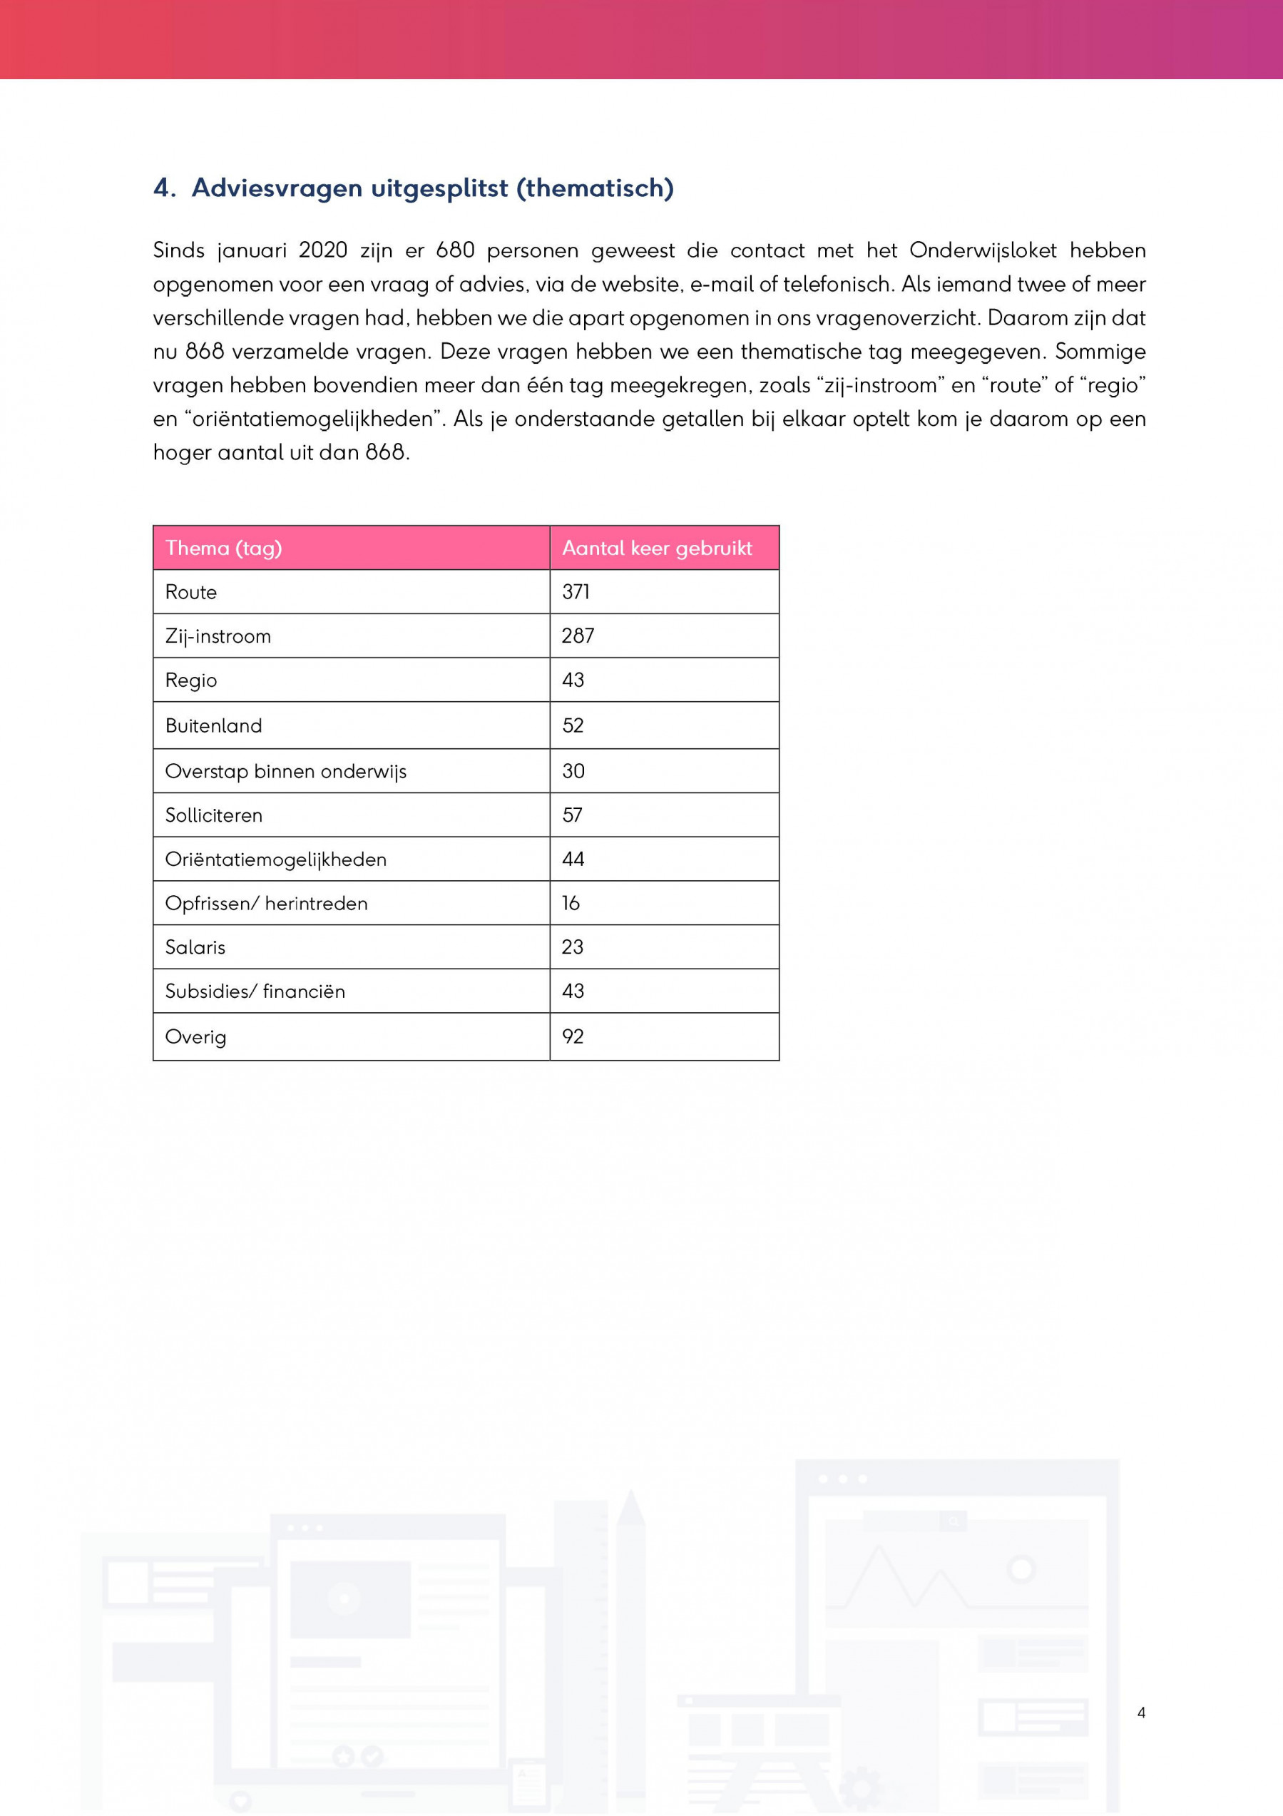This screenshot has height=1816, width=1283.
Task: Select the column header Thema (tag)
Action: click(x=223, y=548)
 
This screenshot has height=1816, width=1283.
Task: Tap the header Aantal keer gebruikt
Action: click(x=657, y=548)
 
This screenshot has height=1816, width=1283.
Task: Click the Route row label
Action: click(x=190, y=593)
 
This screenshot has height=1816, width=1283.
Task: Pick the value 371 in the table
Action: click(x=575, y=593)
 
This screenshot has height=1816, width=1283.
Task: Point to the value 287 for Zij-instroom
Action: click(x=578, y=636)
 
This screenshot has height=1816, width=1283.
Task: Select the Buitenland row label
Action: click(x=213, y=726)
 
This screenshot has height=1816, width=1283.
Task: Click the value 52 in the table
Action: click(x=573, y=726)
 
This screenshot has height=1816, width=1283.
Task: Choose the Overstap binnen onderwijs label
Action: click(x=285, y=772)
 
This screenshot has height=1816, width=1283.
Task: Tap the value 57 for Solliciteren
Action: click(x=572, y=815)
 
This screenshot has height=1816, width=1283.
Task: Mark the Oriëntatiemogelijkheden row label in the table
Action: click(x=275, y=859)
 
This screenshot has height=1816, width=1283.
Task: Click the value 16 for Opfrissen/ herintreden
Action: click(x=571, y=903)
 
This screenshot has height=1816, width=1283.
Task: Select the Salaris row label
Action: click(x=195, y=947)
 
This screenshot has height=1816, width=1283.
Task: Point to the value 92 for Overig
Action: click(x=573, y=1037)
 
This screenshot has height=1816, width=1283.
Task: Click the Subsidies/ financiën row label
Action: click(x=255, y=992)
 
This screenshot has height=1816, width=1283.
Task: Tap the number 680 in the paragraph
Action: click(x=455, y=251)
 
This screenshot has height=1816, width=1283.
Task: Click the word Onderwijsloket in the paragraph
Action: click(x=983, y=251)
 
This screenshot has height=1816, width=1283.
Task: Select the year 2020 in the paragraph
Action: click(x=323, y=251)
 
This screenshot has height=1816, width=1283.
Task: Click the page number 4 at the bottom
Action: click(x=1140, y=1713)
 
